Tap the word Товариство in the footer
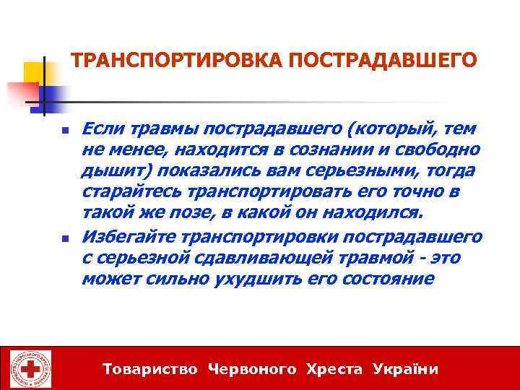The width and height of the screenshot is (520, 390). pyautogui.click(x=150, y=369)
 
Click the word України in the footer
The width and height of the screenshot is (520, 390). pyautogui.click(x=406, y=369)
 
